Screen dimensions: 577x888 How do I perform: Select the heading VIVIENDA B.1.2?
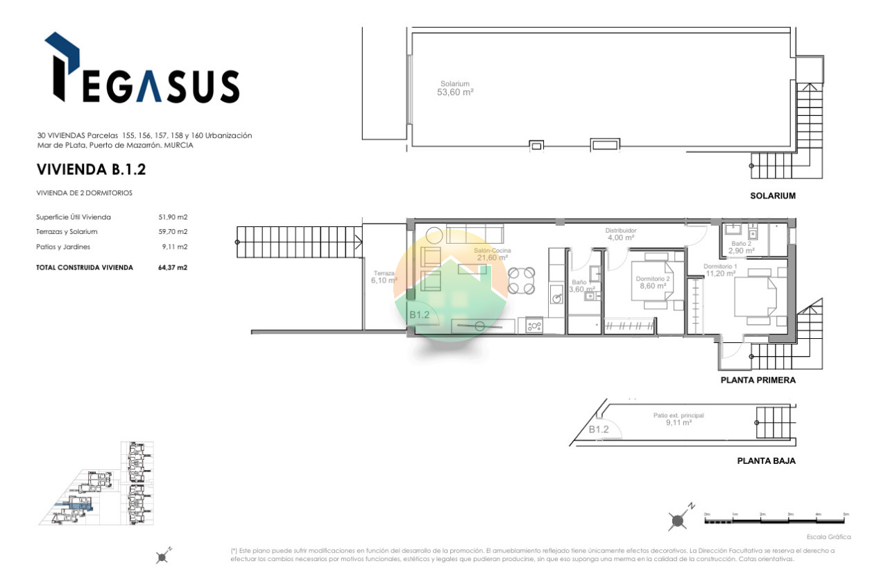pyautogui.click(x=91, y=169)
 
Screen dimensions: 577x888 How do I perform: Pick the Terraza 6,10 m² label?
pyautogui.click(x=384, y=276)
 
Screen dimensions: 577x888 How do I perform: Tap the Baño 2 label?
pyautogui.click(x=741, y=247)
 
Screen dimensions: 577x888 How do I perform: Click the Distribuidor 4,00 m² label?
pyautogui.click(x=620, y=234)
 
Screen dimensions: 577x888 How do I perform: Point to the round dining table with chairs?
pyautogui.click(x=521, y=281)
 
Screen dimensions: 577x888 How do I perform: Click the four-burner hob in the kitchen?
pyautogui.click(x=533, y=325)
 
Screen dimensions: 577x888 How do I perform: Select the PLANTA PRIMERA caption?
pyautogui.click(x=758, y=381)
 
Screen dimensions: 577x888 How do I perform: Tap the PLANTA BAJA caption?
pyautogui.click(x=766, y=460)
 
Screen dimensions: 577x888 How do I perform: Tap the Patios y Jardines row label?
pyautogui.click(x=64, y=246)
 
